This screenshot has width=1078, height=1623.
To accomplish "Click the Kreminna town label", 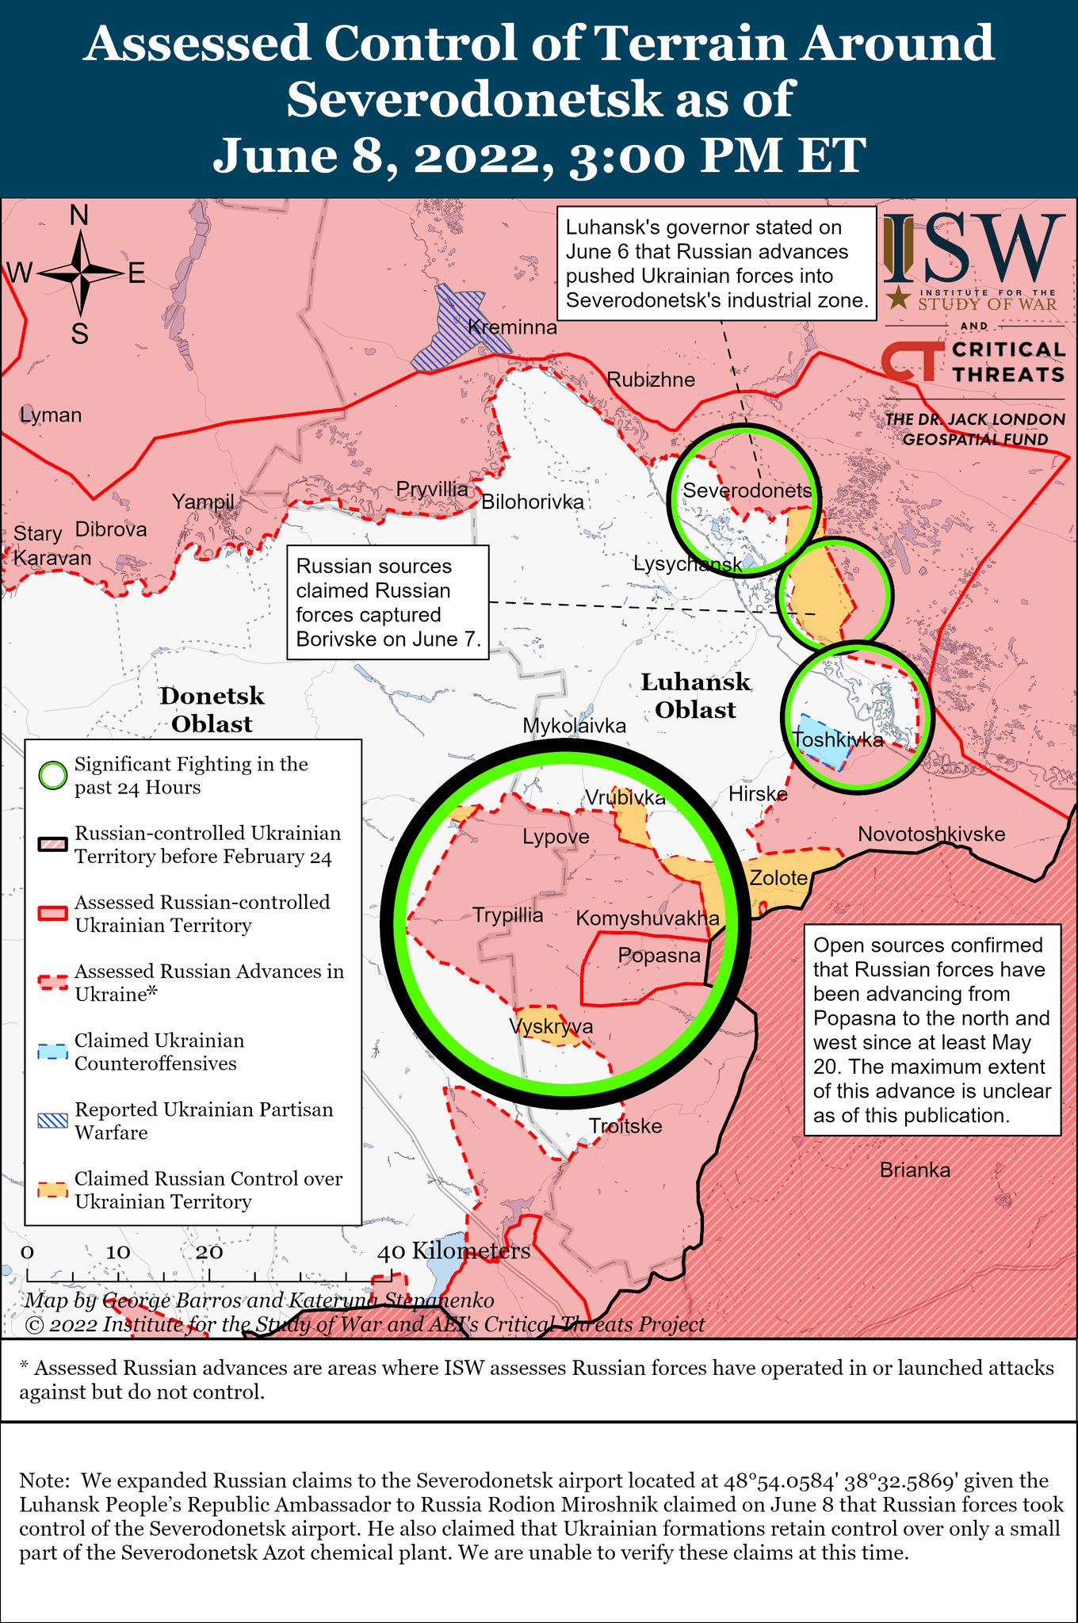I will coord(512,327).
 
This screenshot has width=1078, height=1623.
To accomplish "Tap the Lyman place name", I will coord(51,415).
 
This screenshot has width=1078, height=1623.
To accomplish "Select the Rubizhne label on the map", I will coord(651,380).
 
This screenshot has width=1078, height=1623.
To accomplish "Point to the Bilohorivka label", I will coord(533,502).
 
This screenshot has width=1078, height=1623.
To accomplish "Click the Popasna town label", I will coord(659,956).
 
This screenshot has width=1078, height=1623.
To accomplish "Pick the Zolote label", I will coord(778,878).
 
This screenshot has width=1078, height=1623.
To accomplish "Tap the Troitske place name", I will coord(625,1126).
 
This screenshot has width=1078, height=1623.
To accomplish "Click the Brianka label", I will coord(915,1170).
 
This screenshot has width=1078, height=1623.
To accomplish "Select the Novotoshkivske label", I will coord(931,834).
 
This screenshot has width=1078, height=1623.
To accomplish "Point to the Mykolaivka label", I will coord(574,726).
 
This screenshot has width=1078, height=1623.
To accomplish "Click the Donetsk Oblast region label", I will coord(212,710).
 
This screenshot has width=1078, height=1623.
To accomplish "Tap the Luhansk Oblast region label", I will coord(695,696).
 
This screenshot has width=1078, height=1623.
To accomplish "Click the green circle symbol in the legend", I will coord(53,776).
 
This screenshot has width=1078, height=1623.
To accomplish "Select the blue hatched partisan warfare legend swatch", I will coord(53,1121).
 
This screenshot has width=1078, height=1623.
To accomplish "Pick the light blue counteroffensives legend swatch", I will coord(53,1052).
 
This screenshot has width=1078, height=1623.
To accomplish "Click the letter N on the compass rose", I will coord(79,216).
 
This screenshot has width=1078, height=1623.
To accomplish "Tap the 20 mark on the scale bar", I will coord(209,1252).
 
